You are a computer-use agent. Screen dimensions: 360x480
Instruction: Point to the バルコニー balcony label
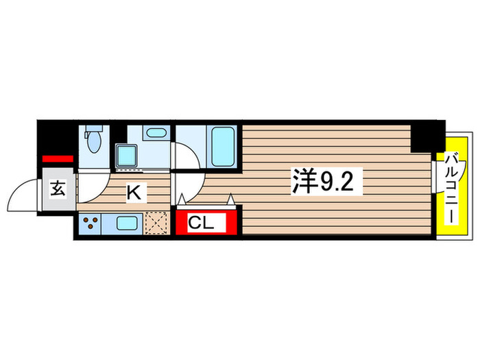(452, 187)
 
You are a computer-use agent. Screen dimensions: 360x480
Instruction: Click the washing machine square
(125, 155)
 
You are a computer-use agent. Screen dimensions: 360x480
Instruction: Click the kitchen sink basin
(127, 222)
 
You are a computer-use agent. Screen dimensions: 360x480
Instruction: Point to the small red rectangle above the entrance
(57, 160)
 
